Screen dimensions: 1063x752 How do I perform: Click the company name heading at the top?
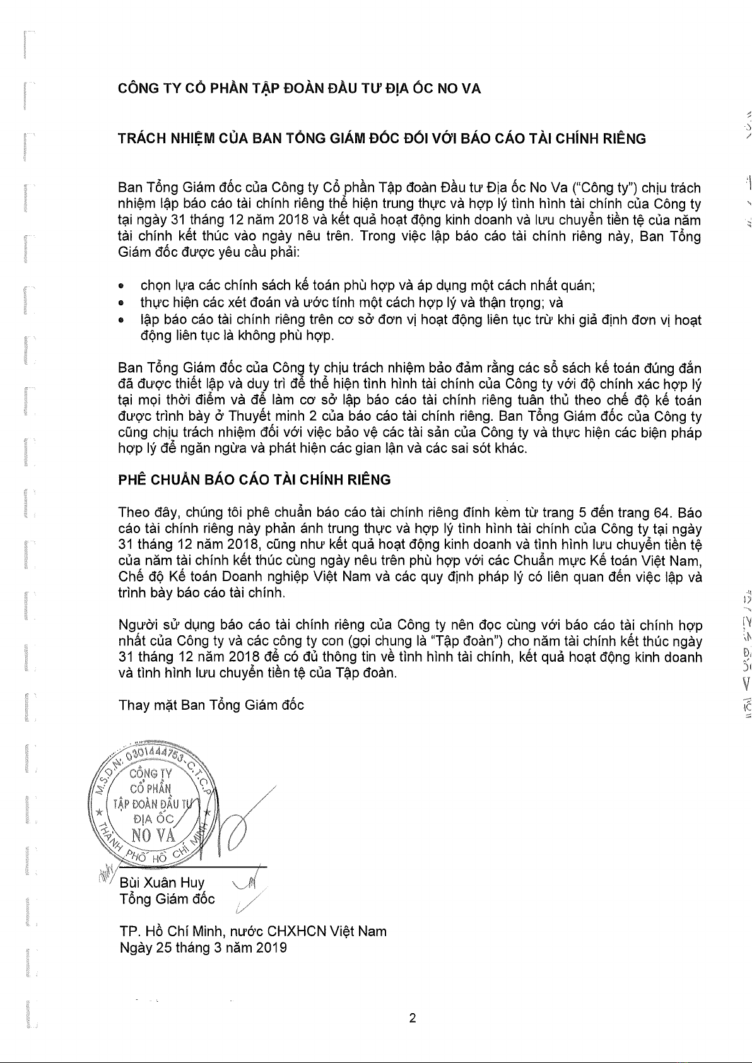tap(300, 88)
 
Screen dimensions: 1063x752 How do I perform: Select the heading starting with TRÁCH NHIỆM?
tap(382, 139)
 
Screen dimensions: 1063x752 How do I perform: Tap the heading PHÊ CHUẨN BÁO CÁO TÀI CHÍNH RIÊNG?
tap(254, 479)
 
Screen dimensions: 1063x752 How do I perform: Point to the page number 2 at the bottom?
tap(413, 1018)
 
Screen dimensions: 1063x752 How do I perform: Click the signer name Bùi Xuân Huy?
tap(162, 882)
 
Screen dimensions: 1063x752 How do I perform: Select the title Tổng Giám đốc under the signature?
tap(167, 898)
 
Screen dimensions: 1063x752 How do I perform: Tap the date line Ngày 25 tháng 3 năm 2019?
tap(203, 947)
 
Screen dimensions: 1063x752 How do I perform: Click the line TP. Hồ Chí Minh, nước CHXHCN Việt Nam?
tap(252, 931)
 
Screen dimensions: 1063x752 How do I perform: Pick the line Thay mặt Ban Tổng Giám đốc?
tap(211, 687)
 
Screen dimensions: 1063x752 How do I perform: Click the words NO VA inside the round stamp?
tap(151, 835)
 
